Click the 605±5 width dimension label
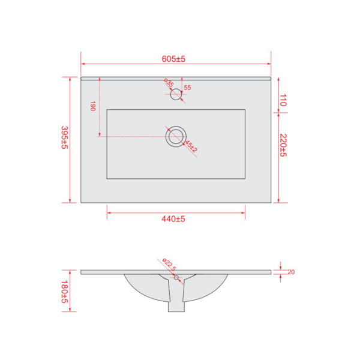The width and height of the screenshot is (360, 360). (x=173, y=59)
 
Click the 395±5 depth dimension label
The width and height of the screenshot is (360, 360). (x=65, y=137)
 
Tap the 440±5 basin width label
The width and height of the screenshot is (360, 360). (x=173, y=219)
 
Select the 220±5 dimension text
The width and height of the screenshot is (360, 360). (x=284, y=145)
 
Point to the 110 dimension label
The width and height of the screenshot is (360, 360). (x=283, y=100)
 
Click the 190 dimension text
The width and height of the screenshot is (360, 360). (x=93, y=106)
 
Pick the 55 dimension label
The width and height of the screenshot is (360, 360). (x=187, y=88)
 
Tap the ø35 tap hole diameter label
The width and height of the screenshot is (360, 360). (x=169, y=83)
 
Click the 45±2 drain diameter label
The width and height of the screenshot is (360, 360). (x=191, y=146)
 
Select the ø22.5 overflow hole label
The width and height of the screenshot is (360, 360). (x=169, y=264)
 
